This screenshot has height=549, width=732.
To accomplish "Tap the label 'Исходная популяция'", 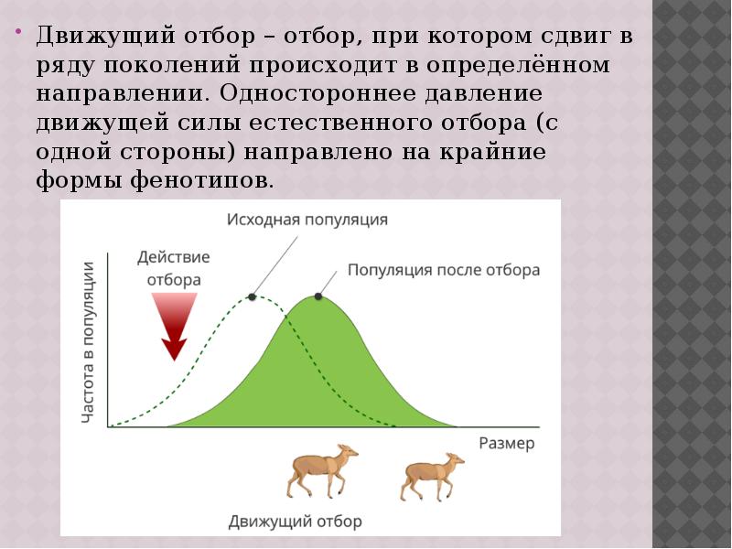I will pyautogui.click(x=307, y=220).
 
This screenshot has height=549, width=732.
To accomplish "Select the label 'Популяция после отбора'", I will pyautogui.click(x=444, y=271).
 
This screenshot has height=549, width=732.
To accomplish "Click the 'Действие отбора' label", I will pyautogui.click(x=174, y=268).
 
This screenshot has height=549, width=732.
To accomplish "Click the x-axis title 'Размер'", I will pyautogui.click(x=506, y=443).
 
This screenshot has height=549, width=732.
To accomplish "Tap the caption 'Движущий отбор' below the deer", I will pyautogui.click(x=296, y=522).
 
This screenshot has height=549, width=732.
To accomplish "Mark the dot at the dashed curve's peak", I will pyautogui.click(x=251, y=296).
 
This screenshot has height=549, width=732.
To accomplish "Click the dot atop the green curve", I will pyautogui.click(x=318, y=296).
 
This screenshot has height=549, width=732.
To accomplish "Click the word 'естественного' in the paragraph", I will pyautogui.click(x=347, y=123).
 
